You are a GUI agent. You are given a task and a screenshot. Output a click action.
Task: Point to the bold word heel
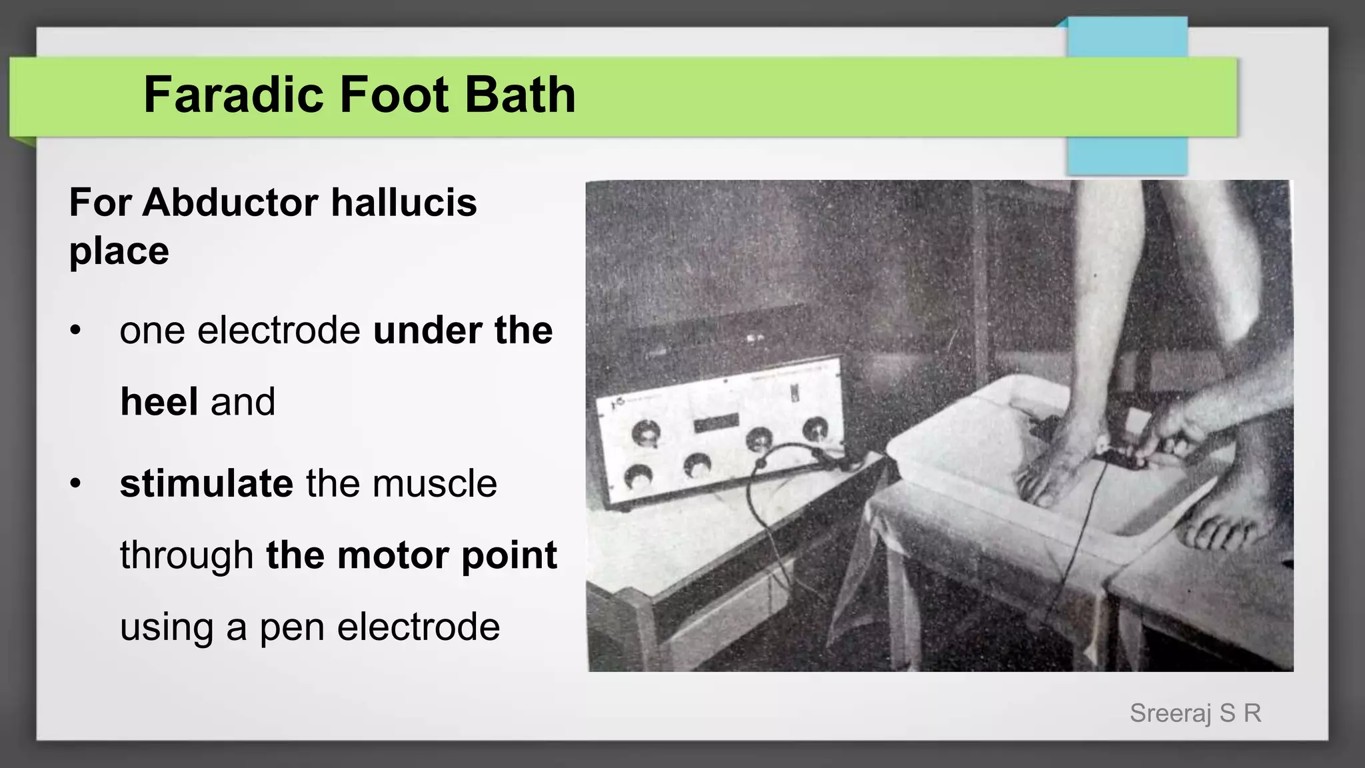point(159,402)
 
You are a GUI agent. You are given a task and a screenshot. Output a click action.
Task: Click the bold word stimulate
point(206,483)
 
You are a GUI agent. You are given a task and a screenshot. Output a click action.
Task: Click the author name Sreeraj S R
point(1195,713)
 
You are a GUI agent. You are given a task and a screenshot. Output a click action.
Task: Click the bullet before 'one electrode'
point(75,331)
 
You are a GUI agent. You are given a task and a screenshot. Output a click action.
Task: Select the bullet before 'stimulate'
point(75,483)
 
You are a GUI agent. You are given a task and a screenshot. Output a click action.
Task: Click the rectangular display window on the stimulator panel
point(716,424)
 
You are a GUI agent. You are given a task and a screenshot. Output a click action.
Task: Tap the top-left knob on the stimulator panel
point(646,434)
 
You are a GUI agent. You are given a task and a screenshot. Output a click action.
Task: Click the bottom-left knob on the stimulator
point(639,475)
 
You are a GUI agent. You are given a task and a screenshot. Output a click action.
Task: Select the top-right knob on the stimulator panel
point(814,429)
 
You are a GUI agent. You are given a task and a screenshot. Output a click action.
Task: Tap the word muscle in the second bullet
point(435,483)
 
